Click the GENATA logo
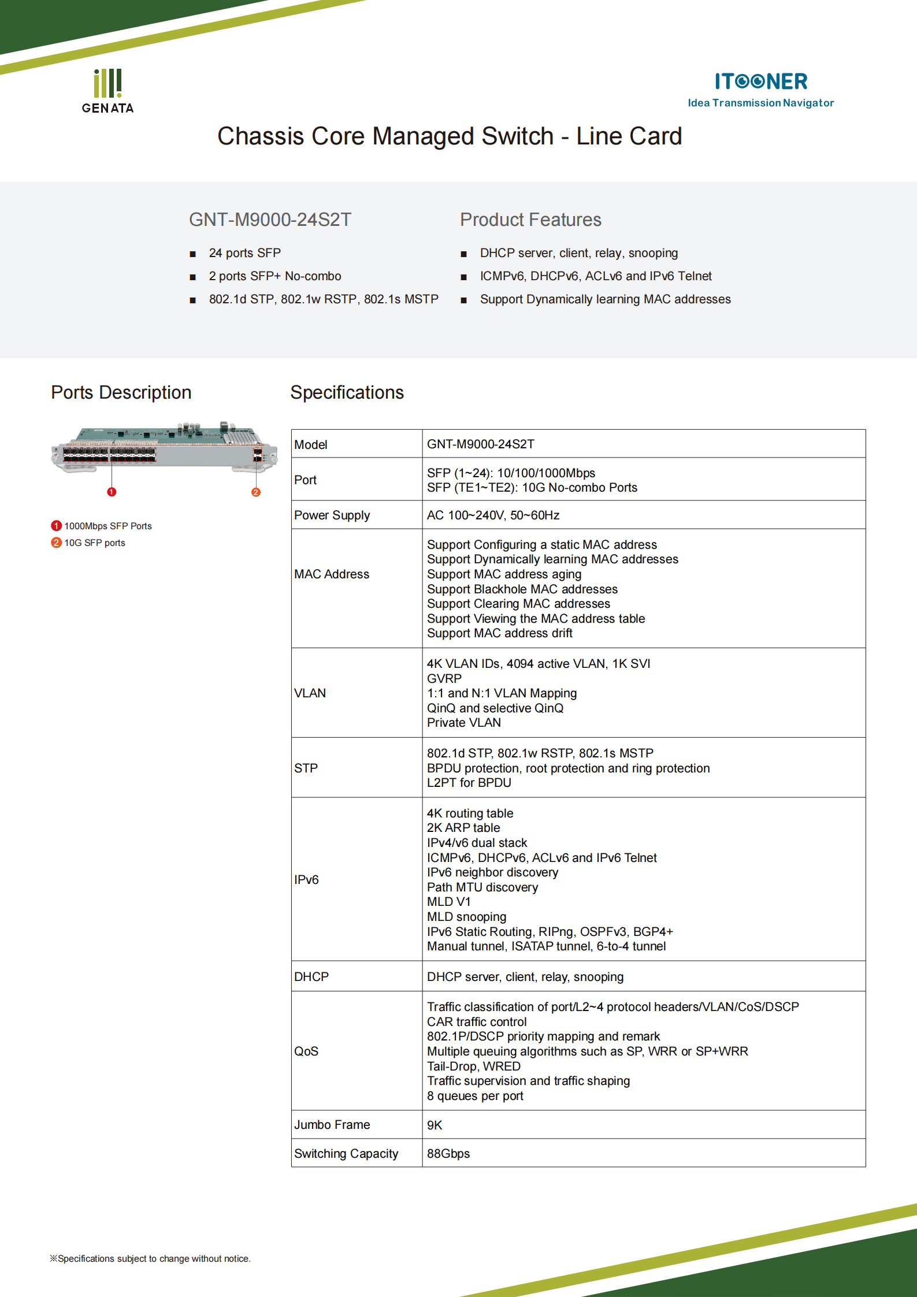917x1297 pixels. (107, 91)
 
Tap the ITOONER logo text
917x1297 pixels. (760, 81)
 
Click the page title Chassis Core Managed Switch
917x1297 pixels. (449, 136)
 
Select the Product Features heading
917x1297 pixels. (530, 220)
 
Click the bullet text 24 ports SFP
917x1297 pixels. (244, 253)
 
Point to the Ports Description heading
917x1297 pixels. (121, 392)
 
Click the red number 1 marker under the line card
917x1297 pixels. (112, 492)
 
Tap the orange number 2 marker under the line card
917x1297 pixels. (256, 492)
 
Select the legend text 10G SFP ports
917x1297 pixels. (94, 542)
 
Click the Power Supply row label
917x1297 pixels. (332, 515)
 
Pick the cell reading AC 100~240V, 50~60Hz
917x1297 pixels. (493, 515)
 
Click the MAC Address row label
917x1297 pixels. (331, 574)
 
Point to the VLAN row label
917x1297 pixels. (310, 693)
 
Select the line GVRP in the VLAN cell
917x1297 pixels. (444, 678)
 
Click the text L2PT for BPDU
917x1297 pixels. (469, 783)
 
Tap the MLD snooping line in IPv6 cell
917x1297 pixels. (466, 917)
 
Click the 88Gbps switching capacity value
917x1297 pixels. (448, 1153)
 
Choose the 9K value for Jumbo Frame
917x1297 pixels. (435, 1125)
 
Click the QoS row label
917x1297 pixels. (306, 1051)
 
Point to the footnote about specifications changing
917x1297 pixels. (150, 1258)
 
